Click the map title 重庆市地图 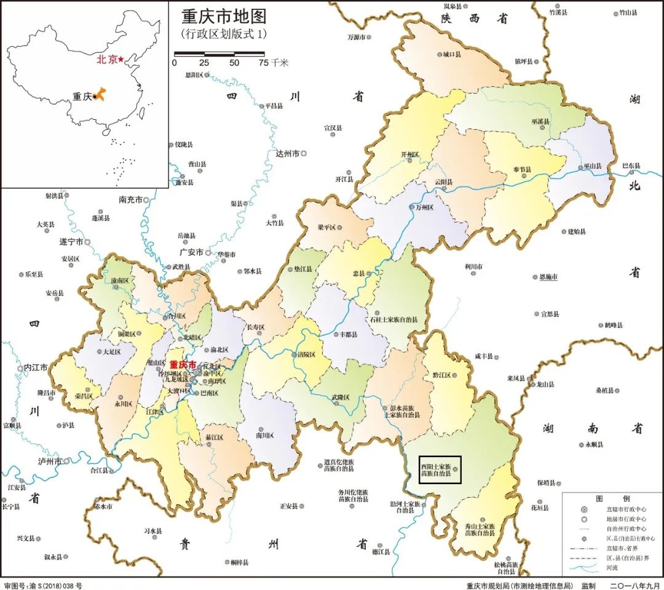224,17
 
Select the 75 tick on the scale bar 263,63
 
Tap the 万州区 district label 424,208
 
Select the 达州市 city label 287,153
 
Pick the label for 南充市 130,200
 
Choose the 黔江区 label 441,375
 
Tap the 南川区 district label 264,435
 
